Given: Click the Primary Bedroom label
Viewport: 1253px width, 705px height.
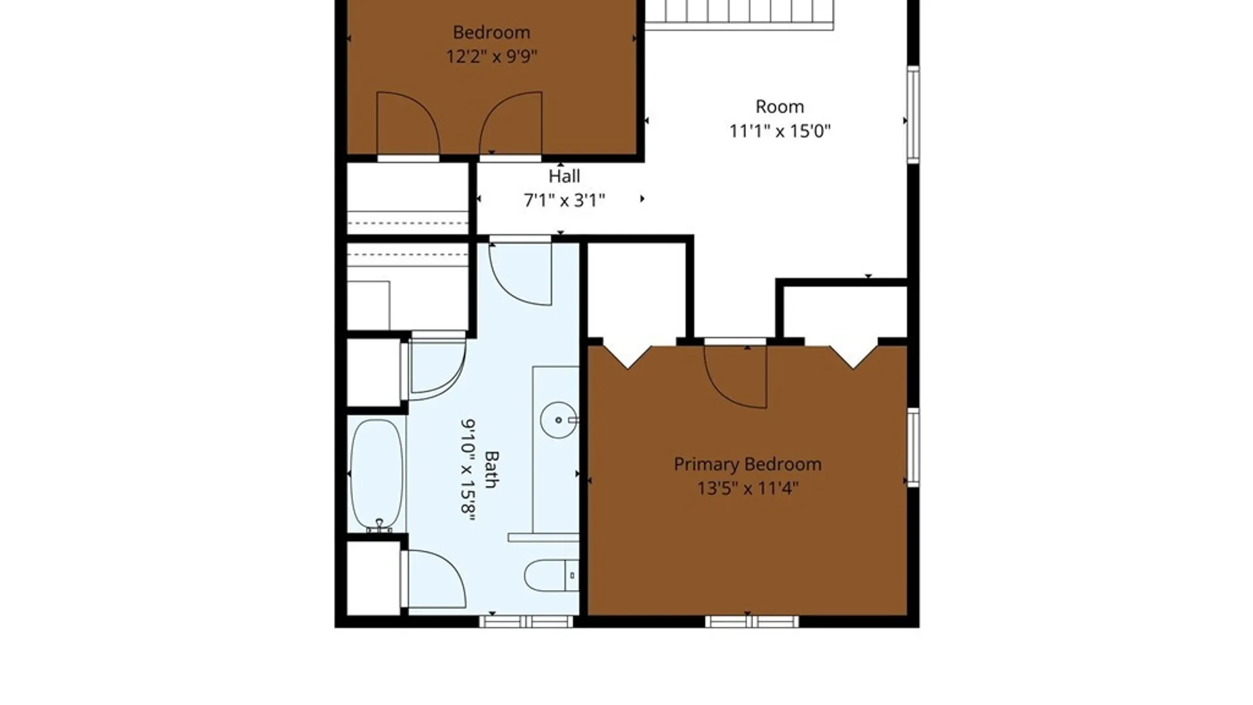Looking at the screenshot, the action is (x=747, y=465).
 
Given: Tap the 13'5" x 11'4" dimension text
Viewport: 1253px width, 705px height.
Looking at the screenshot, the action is (x=748, y=488).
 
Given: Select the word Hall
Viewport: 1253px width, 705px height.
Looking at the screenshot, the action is (x=564, y=176).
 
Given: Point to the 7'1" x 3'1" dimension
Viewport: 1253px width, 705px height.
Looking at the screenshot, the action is (x=565, y=200).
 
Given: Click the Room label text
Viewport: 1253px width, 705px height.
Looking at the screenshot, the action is (x=780, y=107).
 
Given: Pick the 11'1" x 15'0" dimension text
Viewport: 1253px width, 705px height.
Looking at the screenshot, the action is (x=780, y=131).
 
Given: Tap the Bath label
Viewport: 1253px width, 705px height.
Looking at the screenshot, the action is (x=491, y=469).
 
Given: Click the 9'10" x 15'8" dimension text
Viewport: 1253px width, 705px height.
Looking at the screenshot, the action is (x=468, y=470).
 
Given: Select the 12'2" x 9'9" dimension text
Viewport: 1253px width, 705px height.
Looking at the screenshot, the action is (x=491, y=57).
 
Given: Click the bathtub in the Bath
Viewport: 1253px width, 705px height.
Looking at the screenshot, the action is (x=377, y=475).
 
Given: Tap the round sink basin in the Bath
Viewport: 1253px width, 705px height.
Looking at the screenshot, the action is (x=559, y=420).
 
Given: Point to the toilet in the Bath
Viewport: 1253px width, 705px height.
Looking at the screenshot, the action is (x=551, y=575).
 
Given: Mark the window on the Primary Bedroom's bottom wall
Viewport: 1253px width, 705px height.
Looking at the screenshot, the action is (x=752, y=621).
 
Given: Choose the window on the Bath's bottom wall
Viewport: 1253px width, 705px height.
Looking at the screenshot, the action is (x=526, y=621).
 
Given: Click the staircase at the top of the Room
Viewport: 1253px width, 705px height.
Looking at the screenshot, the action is (x=739, y=14).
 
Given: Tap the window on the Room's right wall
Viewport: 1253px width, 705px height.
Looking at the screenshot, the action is (x=914, y=114).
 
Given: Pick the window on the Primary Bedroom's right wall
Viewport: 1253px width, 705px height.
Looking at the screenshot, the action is (x=914, y=448).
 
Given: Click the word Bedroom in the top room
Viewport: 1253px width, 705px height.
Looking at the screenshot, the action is (x=491, y=33).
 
